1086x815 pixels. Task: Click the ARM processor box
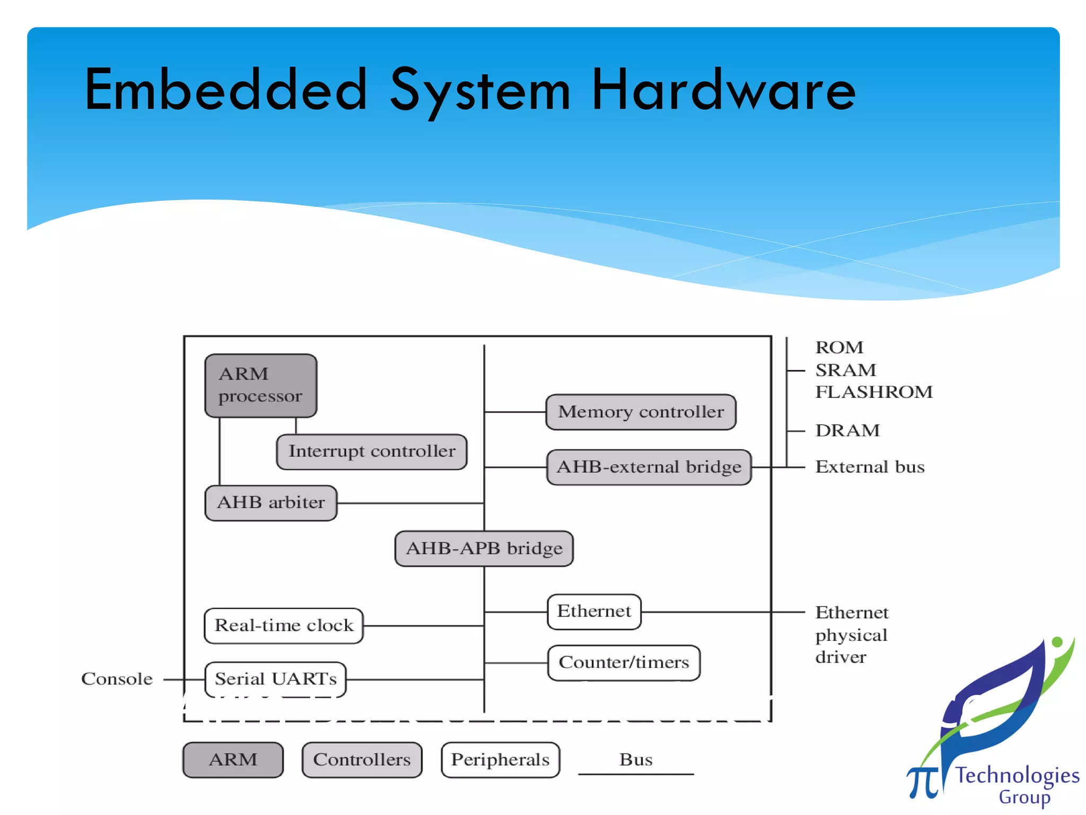click(260, 385)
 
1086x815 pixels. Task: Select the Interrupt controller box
click(372, 452)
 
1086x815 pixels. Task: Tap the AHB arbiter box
click(271, 502)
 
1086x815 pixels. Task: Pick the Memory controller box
click(641, 412)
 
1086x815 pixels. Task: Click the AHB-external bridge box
click(649, 467)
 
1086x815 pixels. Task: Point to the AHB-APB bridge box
click(484, 548)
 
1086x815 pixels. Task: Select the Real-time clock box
click(284, 626)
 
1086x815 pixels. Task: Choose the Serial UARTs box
click(275, 679)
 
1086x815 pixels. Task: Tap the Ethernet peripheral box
click(594, 611)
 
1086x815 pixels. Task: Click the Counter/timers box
click(624, 663)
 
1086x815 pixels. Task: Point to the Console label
click(117, 679)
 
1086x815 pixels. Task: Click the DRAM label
click(847, 430)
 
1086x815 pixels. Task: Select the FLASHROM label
click(873, 392)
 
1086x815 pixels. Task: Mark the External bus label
click(870, 467)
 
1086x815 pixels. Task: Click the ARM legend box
click(233, 760)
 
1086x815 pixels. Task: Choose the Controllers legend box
click(362, 760)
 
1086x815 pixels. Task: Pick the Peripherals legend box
click(500, 760)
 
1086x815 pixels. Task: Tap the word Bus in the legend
click(636, 760)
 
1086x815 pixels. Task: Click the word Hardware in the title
click(723, 90)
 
